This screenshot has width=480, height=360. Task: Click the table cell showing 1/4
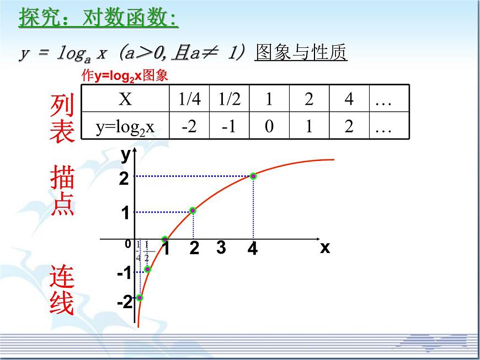[x=189, y=99]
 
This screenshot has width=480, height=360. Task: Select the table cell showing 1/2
[x=229, y=99]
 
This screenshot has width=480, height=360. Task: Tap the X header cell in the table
[x=125, y=99]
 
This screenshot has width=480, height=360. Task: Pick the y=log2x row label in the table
[x=125, y=127]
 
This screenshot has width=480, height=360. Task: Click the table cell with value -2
[x=189, y=127]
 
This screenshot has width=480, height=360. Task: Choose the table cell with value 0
[x=269, y=127]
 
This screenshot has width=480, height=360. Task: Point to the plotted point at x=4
[x=253, y=176]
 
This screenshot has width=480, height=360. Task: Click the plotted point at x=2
[x=193, y=210]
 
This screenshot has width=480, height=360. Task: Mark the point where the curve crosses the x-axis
[x=164, y=239]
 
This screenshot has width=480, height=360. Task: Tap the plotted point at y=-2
[x=140, y=298]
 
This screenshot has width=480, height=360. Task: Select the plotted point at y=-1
[x=147, y=269]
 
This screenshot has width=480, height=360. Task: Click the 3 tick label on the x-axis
[x=221, y=248]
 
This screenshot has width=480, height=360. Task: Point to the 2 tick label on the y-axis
[x=124, y=179]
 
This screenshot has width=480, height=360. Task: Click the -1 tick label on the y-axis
[x=124, y=273]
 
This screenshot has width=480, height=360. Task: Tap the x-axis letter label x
[x=325, y=248]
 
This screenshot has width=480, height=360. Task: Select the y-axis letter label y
[x=126, y=155]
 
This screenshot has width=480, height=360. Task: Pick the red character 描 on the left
[x=62, y=179]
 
